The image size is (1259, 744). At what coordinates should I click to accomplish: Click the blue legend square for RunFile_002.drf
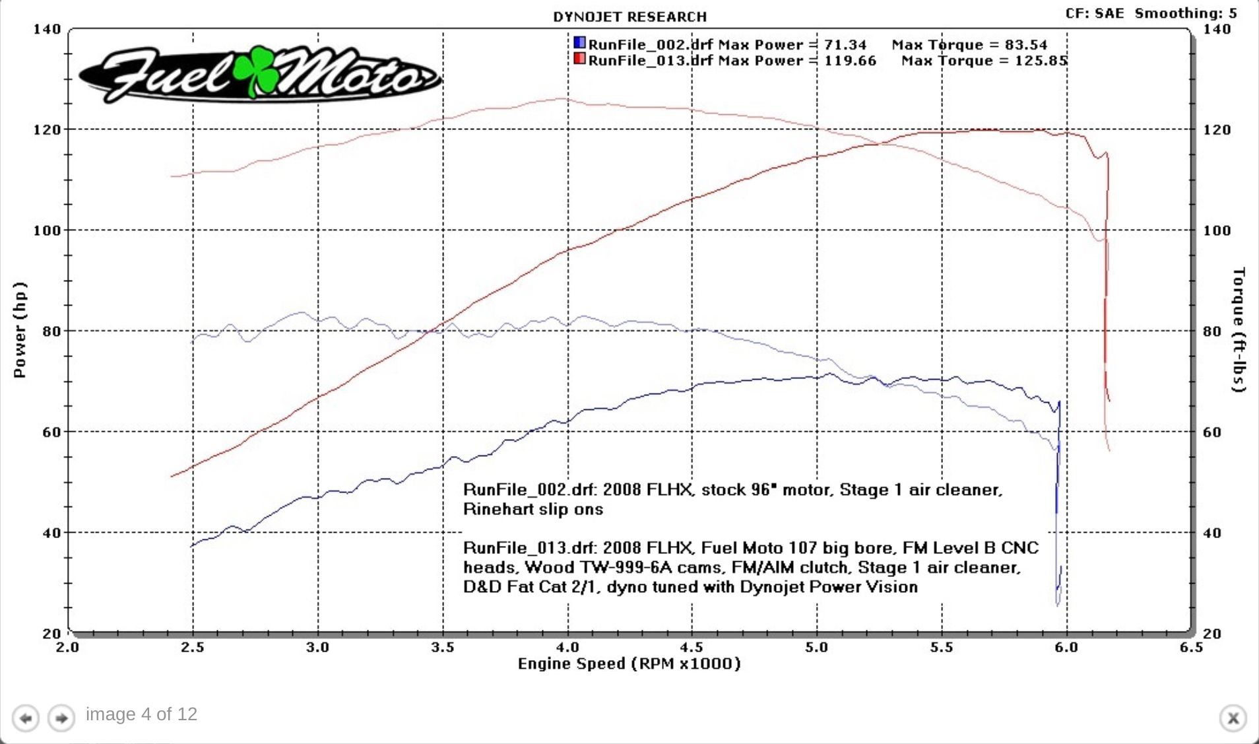tap(579, 43)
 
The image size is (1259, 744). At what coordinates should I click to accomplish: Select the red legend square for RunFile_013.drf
tap(579, 59)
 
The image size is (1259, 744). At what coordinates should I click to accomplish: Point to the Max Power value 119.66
tap(850, 61)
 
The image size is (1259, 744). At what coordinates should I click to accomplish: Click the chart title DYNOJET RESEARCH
tap(629, 17)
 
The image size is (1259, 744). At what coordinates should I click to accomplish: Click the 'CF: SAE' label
tap(1094, 13)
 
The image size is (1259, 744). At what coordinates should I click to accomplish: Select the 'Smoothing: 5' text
tap(1186, 13)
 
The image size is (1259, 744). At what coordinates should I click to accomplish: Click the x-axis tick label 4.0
tap(567, 648)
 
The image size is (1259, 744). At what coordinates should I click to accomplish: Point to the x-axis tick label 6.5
tap(1191, 648)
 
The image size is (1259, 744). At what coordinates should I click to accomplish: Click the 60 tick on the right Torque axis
tap(1211, 432)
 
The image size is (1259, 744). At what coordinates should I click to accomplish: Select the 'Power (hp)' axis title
tap(20, 330)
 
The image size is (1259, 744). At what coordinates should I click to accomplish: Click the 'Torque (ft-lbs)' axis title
tap(1239, 330)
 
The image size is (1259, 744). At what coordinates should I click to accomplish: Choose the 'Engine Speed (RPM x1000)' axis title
tap(629, 663)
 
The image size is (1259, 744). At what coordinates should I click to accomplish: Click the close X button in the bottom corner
tap(1233, 718)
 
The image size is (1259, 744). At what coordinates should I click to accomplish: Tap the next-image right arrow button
tap(61, 718)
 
